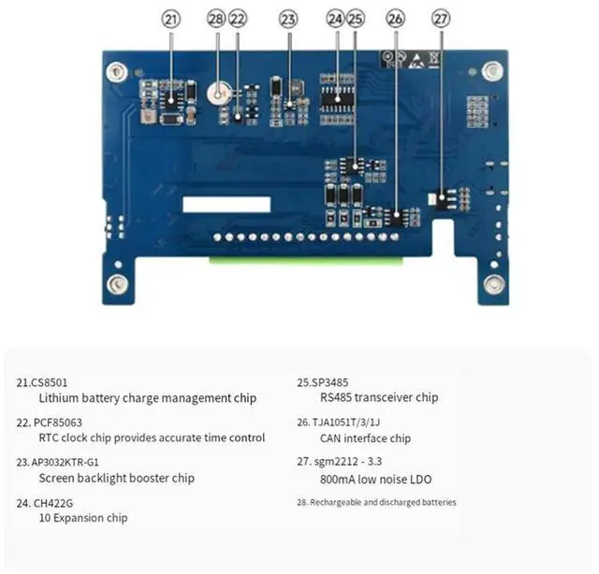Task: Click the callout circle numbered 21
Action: coord(170,19)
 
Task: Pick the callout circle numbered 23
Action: coord(288,19)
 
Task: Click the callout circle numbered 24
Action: coord(336,19)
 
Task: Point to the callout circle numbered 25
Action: coord(355,19)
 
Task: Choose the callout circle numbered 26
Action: coord(395,19)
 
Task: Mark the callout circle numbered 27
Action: coord(442,19)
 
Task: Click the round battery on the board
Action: coord(220,93)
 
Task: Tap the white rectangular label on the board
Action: coord(226,204)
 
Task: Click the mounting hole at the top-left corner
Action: coord(115,70)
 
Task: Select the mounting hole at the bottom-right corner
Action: coord(493,285)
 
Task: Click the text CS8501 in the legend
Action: coord(50,382)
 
